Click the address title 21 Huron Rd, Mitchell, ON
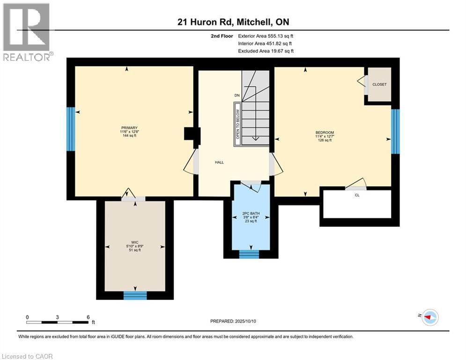[x=233, y=22]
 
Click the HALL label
[x=219, y=162]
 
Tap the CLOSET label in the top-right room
[x=379, y=84]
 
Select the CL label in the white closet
[x=357, y=195]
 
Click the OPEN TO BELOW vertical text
[x=237, y=124]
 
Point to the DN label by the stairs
[x=237, y=96]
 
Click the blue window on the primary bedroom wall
[x=70, y=129]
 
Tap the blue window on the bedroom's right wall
[x=395, y=131]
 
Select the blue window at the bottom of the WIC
[x=135, y=295]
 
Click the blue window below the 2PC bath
[x=249, y=254]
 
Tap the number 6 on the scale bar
[x=88, y=317]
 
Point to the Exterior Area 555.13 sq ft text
[x=266, y=36]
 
